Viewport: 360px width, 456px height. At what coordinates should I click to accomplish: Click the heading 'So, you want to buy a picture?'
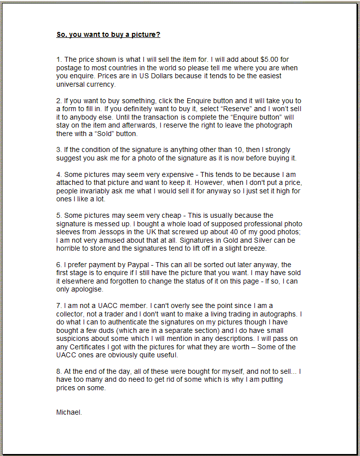[x=108, y=35]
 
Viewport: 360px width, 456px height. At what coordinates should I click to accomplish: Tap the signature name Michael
[x=69, y=412]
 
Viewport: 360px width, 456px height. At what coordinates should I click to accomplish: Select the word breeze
[x=255, y=248]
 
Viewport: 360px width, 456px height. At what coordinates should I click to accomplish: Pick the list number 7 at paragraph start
[x=58, y=305]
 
